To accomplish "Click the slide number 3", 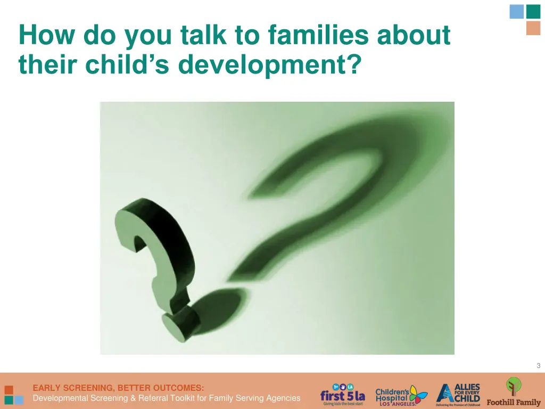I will pyautogui.click(x=538, y=365).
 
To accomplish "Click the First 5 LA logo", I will pyautogui.click(x=342, y=395).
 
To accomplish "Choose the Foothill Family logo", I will pyautogui.click(x=514, y=392).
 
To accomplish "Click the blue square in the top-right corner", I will pyautogui.click(x=517, y=12).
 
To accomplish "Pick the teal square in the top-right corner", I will pyautogui.click(x=533, y=12).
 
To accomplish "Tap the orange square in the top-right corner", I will pyautogui.click(x=533, y=28).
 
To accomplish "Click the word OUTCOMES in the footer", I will pyautogui.click(x=179, y=388).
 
